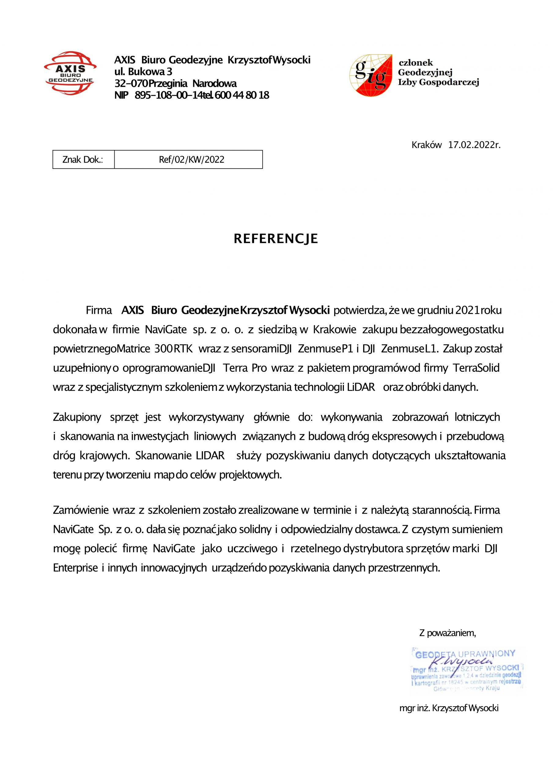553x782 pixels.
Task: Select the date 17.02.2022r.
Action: tap(474, 145)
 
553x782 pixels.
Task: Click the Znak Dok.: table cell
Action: tap(83, 160)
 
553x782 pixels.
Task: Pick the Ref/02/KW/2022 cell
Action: tap(192, 160)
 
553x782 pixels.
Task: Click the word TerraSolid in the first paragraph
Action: tap(476, 368)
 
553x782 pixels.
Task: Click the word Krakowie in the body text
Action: tap(334, 330)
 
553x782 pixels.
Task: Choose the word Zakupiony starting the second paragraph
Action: tap(77, 417)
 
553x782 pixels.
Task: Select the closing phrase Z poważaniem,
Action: tap(447, 633)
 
